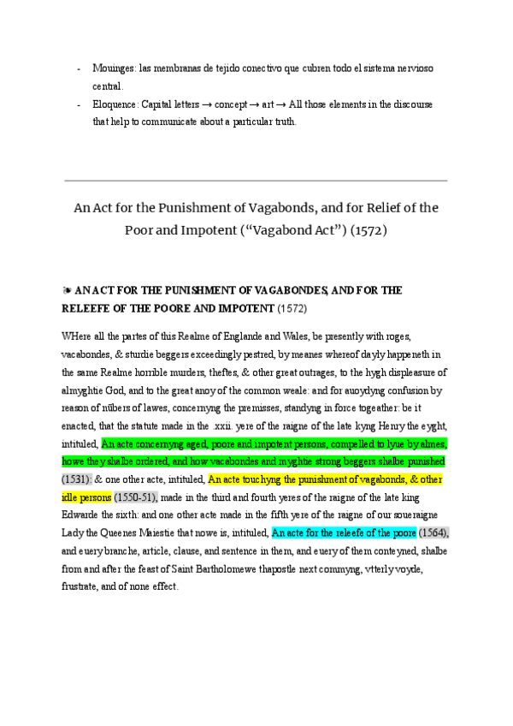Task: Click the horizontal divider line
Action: click(x=256, y=181)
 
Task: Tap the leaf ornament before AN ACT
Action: click(x=67, y=291)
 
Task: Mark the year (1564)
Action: click(x=434, y=533)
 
